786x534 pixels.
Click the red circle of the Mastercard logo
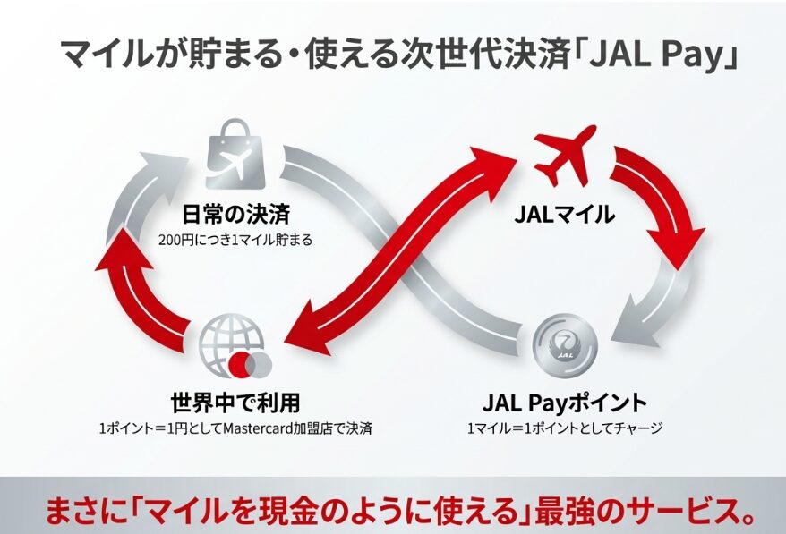[240, 363]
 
